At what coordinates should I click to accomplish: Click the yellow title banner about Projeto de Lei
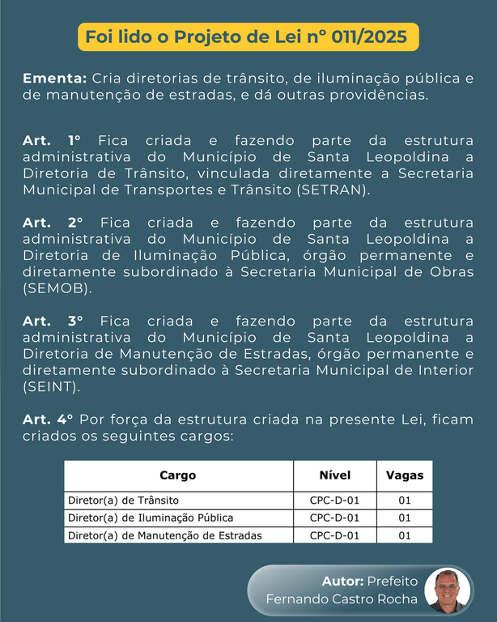tap(248, 37)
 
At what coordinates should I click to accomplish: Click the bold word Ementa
tap(54, 79)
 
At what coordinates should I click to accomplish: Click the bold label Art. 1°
tap(53, 139)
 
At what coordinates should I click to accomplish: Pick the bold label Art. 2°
tap(53, 222)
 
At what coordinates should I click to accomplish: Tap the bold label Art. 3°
tap(53, 321)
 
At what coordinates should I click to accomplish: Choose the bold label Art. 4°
tap(48, 419)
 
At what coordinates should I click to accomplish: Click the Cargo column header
tap(177, 475)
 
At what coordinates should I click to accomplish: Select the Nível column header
tap(334, 475)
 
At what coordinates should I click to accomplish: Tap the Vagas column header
tap(404, 475)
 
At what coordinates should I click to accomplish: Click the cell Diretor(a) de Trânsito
tap(124, 501)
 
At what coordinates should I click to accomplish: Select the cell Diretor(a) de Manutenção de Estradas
tap(165, 535)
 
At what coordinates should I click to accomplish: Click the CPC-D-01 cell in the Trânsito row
tap(334, 501)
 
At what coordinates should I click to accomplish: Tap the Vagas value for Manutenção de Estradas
tap(405, 535)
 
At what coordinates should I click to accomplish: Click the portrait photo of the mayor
tap(448, 590)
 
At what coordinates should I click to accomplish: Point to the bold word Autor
tap(342, 582)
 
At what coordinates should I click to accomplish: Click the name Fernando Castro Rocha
tap(342, 599)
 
